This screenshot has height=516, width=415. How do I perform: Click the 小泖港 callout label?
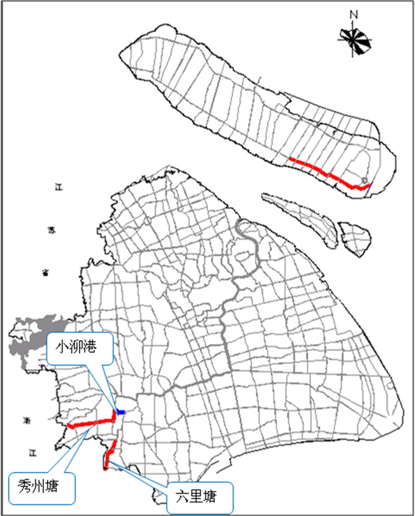[x=80, y=348]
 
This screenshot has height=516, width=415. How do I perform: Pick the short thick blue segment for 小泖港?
[x=120, y=412]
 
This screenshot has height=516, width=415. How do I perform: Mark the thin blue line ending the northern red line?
[x=369, y=186]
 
